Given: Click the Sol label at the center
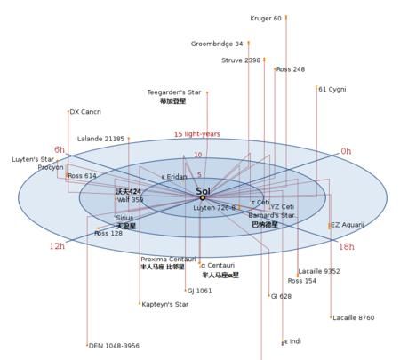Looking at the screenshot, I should (x=203, y=190).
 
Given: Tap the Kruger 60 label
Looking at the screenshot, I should (x=266, y=18).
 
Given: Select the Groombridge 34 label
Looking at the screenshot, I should (x=217, y=44).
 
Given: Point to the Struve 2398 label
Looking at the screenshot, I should (x=241, y=60).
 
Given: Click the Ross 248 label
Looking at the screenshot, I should (x=291, y=69).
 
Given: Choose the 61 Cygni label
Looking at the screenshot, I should (x=332, y=89).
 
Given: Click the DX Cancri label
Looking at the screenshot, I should (x=85, y=112).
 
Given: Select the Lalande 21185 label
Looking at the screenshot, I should (x=101, y=139).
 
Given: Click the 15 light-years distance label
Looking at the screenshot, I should (x=196, y=134).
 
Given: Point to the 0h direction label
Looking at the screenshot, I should (x=347, y=151).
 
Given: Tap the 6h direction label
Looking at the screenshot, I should (x=60, y=149).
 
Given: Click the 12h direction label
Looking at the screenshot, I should (x=57, y=246).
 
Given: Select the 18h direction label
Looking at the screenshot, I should (x=347, y=246).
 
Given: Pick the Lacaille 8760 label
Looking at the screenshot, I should (x=354, y=317).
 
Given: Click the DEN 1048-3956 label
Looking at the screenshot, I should (x=115, y=345).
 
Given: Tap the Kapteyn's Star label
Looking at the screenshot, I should (x=165, y=304).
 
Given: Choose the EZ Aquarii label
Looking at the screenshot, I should (x=348, y=225).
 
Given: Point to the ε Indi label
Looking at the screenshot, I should (x=293, y=341).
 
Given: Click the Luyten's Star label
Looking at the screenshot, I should (x=32, y=159).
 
